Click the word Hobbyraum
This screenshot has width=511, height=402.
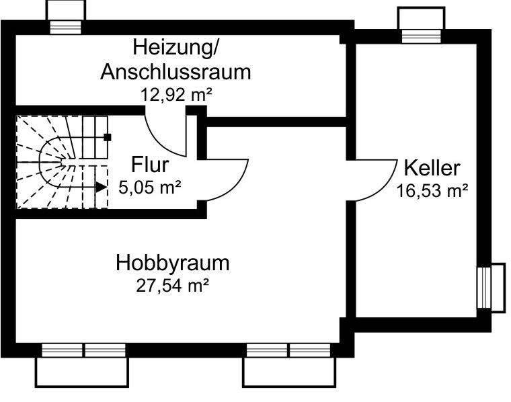tap(173, 262)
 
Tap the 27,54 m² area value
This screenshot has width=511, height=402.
tap(173, 285)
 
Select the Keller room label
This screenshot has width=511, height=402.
tap(432, 167)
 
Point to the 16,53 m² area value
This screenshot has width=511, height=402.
tap(432, 191)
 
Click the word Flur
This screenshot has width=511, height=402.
tap(150, 164)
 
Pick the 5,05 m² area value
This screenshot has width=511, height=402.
tap(150, 187)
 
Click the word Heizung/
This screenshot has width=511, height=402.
tap(175, 48)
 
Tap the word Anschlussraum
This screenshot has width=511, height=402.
tap(175, 72)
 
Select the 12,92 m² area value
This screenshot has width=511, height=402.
tap(176, 94)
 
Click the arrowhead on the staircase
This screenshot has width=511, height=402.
tap(101, 188)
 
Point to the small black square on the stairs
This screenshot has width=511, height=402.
tap(107, 137)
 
